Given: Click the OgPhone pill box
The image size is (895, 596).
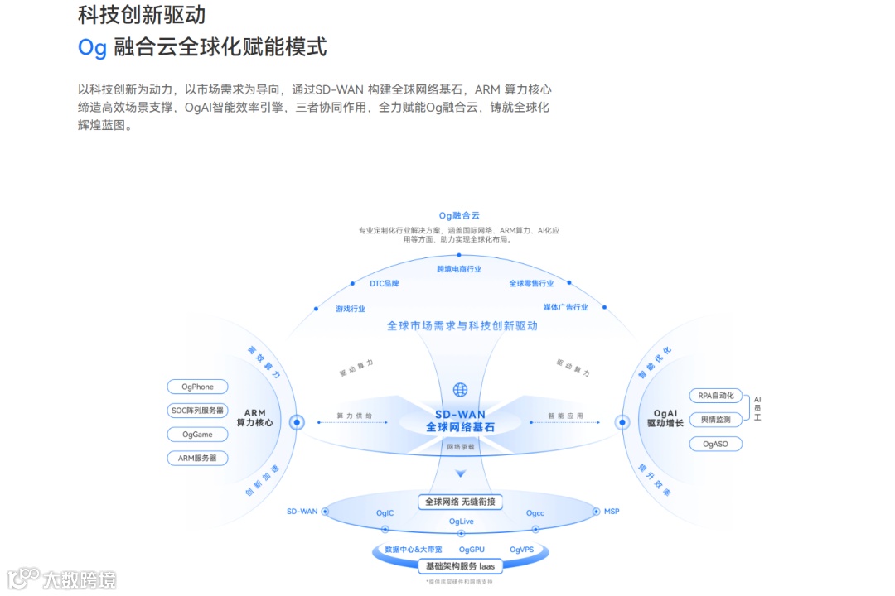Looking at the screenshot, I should (x=198, y=387).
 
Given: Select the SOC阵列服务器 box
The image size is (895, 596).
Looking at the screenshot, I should (x=198, y=411).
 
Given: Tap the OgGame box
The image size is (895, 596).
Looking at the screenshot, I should (x=198, y=435).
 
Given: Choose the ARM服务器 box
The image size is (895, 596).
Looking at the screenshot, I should (x=198, y=459).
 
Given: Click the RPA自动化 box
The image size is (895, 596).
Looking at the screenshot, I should (x=716, y=396).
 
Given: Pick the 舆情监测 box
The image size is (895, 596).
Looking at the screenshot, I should (x=716, y=420).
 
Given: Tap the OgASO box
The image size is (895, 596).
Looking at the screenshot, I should (x=716, y=445).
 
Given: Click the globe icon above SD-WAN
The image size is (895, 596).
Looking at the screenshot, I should (x=460, y=390).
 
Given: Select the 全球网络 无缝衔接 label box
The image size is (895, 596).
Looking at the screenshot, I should (x=460, y=502).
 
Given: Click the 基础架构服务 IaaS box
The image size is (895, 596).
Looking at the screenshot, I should (x=460, y=567).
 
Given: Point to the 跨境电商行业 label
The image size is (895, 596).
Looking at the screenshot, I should (x=459, y=269).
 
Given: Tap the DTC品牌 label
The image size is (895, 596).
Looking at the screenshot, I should (x=385, y=283).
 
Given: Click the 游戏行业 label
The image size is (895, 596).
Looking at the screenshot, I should (x=351, y=309).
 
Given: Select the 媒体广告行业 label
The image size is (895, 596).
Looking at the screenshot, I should (x=565, y=307).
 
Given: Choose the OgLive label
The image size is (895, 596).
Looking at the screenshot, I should (x=462, y=521).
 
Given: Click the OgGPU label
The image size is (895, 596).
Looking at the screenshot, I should (x=472, y=550).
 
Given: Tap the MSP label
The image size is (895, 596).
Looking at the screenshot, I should (x=612, y=512).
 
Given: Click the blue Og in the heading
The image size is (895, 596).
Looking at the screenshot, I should (x=92, y=47).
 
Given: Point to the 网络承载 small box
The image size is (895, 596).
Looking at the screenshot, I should (x=461, y=447).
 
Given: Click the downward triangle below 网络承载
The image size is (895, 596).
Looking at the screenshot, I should (x=461, y=474).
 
